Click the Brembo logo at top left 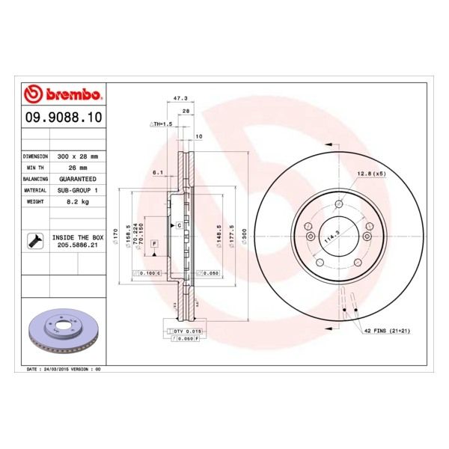(x=64, y=95)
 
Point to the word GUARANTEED (x=77, y=180)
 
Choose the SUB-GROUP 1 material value (x=77, y=191)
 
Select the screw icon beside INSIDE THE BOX (x=34, y=240)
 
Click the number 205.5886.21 (x=78, y=244)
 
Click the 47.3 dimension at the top (x=180, y=98)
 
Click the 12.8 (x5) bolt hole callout (x=371, y=173)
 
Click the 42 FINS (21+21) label (x=388, y=330)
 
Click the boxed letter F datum (x=154, y=244)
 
